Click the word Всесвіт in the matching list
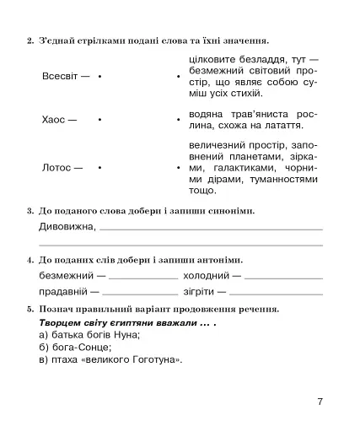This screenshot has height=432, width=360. click(60, 77)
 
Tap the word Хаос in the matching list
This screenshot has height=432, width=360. click(53, 120)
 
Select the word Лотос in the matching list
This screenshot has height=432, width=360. click(56, 167)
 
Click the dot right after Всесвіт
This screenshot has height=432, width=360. click(99, 77)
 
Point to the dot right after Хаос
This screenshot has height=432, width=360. click(99, 120)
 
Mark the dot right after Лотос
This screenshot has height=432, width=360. click(99, 167)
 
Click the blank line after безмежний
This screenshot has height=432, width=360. click(143, 276)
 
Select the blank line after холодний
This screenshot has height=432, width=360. click(283, 276)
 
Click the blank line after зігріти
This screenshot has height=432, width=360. click(276, 292)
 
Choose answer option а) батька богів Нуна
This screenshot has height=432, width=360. click(92, 335)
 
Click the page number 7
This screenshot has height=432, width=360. click(320, 401)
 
